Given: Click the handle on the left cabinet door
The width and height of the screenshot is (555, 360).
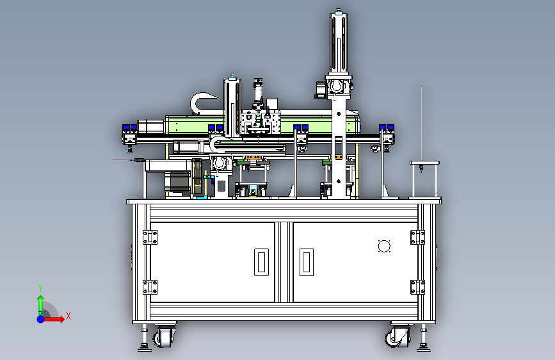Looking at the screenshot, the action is (261, 262).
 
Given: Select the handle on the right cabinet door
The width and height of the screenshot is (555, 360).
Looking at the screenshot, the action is (307, 262).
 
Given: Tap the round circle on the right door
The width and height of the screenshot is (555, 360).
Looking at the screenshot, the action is (384, 246).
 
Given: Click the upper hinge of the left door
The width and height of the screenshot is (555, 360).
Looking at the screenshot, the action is (150, 237).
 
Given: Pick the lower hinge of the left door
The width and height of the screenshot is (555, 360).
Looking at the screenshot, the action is (150, 287).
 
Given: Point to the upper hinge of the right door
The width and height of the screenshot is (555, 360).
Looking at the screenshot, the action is (417, 237).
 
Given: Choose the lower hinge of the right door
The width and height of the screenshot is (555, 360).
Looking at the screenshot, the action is (417, 287).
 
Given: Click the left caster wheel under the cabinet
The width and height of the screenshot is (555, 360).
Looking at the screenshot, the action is (164, 336).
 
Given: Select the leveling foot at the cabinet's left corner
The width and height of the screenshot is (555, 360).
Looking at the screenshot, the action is (145, 340).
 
